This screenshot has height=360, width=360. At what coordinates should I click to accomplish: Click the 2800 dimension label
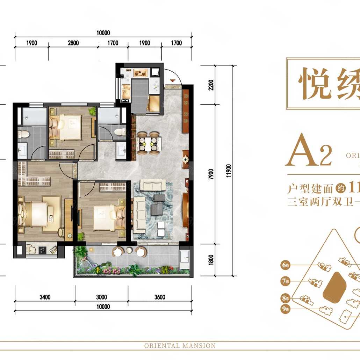click(x=73, y=43)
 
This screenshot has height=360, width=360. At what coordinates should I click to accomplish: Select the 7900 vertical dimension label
click(x=210, y=174)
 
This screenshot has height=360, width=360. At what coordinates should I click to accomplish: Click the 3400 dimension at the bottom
click(x=45, y=297)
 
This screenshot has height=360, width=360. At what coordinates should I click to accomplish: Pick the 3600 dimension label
click(x=159, y=297)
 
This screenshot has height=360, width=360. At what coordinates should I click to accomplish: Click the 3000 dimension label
click(x=101, y=297)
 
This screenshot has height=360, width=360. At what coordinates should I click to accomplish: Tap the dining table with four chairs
click(x=149, y=143)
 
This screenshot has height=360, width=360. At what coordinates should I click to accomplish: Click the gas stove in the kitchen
click(x=140, y=73)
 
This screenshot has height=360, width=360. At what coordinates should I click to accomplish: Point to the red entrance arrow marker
click(x=172, y=81)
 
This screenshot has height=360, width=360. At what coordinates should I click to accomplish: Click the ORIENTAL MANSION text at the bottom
click(x=180, y=346)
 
